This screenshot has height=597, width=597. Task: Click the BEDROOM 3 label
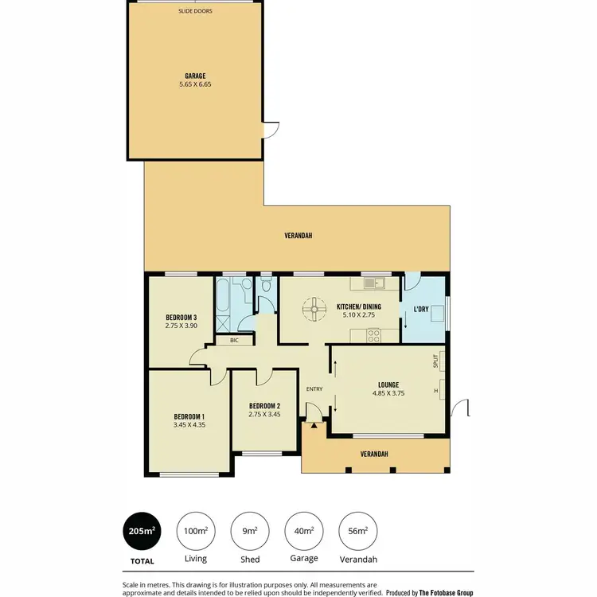click(x=181, y=317)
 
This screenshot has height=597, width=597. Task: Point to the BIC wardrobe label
click(x=234, y=341)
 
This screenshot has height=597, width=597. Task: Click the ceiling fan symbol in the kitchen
click(x=314, y=308)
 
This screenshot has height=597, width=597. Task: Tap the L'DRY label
click(x=421, y=310)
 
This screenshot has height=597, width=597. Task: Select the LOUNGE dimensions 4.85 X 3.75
click(x=388, y=392)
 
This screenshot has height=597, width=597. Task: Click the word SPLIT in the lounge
click(x=436, y=362)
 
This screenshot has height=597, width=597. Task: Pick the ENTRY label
click(x=314, y=388)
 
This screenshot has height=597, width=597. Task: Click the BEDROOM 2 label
click(x=265, y=404)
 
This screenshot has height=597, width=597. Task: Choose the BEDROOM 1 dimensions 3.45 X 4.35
click(x=189, y=425)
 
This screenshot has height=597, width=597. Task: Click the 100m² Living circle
click(x=196, y=531)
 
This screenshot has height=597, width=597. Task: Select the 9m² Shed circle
click(x=250, y=531)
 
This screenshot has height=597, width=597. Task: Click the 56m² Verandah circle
click(x=358, y=531)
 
